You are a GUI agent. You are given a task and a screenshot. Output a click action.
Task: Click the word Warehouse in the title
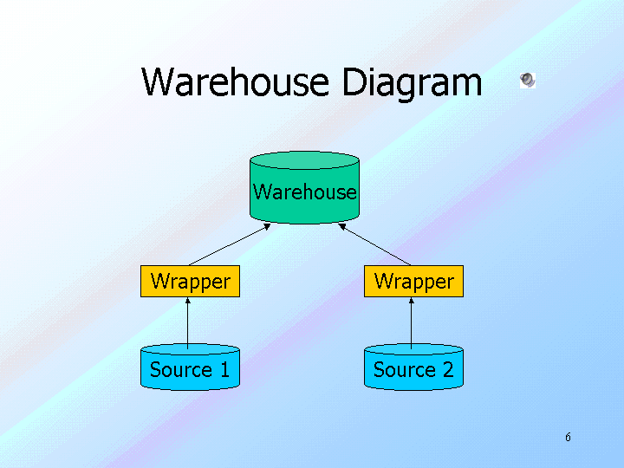click(x=234, y=83)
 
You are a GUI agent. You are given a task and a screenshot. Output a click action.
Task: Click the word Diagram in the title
click(x=412, y=83)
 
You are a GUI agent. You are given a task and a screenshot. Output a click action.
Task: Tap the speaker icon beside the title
click(x=527, y=81)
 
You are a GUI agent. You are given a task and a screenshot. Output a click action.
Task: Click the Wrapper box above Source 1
click(x=190, y=282)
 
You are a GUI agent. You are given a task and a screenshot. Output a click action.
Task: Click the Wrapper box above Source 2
click(x=413, y=282)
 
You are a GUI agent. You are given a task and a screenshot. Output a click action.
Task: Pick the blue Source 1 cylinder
click(x=190, y=369)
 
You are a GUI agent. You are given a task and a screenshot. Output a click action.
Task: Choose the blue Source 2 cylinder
click(x=413, y=369)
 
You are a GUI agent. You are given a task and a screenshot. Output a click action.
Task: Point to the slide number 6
click(x=568, y=437)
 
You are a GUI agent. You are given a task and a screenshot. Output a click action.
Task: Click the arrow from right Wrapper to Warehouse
click(x=374, y=245)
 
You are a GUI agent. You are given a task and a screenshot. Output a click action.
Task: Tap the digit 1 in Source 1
click(x=224, y=370)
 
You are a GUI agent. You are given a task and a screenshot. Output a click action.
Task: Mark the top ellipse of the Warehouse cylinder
click(x=304, y=160)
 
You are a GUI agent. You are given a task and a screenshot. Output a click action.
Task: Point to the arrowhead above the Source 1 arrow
click(x=188, y=301)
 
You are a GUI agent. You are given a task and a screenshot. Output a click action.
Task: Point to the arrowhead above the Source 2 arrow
click(x=412, y=301)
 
